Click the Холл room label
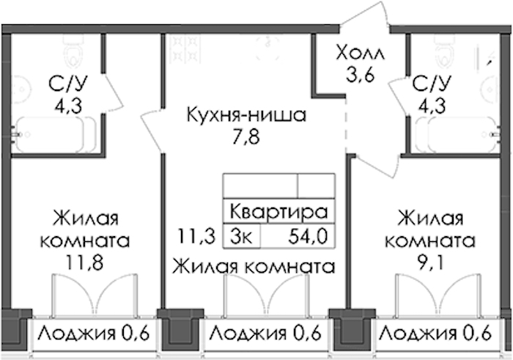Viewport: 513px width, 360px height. [x=360, y=53]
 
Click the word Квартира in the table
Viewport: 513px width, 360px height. [x=278, y=213]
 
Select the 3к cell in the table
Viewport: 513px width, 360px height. [x=242, y=236]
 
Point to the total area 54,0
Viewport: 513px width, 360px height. [x=306, y=236]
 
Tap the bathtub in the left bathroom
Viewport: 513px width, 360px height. [x=55, y=134]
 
